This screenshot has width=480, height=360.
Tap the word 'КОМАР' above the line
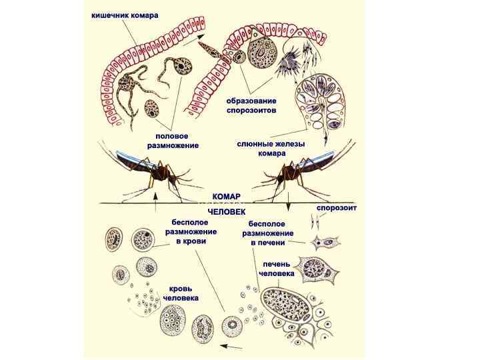click(226, 197)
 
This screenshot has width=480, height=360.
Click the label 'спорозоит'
click(336, 208)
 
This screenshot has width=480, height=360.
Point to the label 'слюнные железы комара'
click(261, 148)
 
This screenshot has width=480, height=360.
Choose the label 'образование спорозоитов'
click(251, 105)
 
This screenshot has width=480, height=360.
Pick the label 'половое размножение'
click(173, 140)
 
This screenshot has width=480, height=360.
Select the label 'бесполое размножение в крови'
click(191, 231)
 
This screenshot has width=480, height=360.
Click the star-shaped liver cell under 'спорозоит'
click(314, 268)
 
